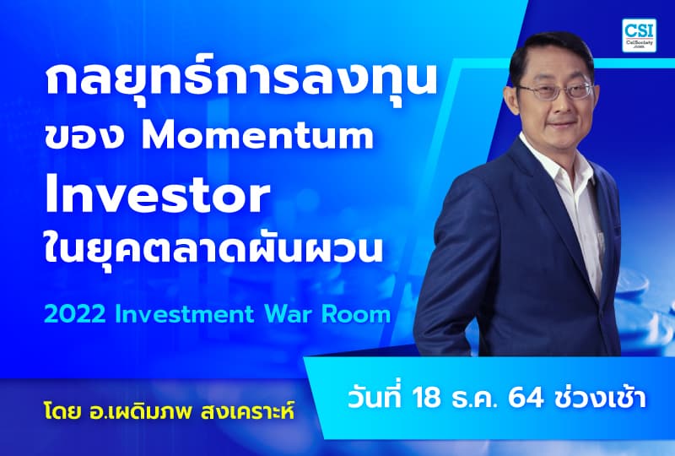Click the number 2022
coord(73,315)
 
